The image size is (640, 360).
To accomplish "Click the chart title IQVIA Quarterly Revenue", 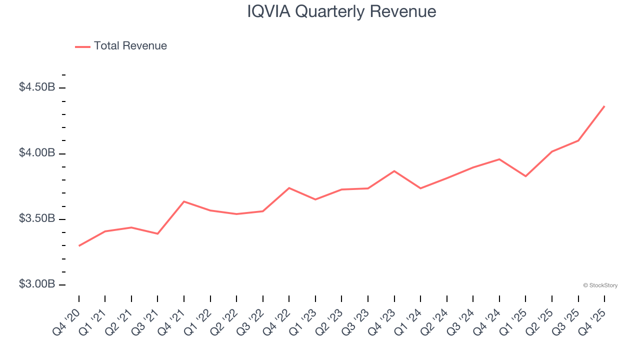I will pos(341,11).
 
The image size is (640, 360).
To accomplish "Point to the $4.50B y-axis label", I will pos(37,87).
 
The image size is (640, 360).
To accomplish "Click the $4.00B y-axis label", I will pos(37,153).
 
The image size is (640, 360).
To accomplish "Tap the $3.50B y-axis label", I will pos(37,219).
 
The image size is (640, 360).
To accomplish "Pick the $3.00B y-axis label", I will pos(37,284).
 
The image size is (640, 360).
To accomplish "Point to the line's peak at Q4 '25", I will pos(604,106).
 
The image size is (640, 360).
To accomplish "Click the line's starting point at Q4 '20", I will pos(79,246).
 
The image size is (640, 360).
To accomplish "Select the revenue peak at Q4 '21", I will pos(184,201).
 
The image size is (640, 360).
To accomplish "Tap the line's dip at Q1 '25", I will pos(525,176).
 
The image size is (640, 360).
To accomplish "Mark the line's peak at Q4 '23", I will pos(394,171).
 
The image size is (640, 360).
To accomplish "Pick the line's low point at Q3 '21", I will pos(157,233).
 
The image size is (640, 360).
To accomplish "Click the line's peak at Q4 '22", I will pos(289,188).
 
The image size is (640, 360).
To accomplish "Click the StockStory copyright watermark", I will pos(600,285).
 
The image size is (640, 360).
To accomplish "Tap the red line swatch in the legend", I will pos(82,46).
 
